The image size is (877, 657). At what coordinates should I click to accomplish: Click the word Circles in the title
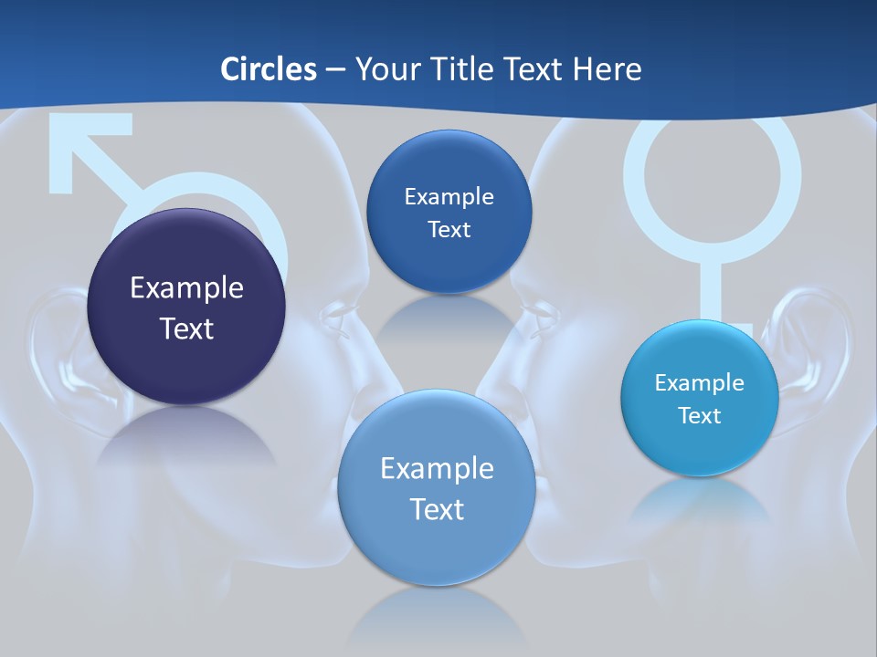pyautogui.click(x=268, y=68)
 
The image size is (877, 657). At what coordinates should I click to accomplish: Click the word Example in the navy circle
pyautogui.click(x=186, y=287)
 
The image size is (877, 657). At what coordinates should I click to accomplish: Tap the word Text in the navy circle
pyautogui.click(x=186, y=328)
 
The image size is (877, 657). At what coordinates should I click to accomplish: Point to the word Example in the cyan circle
pyautogui.click(x=700, y=382)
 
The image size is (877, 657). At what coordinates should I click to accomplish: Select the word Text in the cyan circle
pyautogui.click(x=700, y=415)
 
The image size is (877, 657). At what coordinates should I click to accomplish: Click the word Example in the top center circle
pyautogui.click(x=449, y=196)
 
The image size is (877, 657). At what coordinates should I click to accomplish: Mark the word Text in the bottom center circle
pyautogui.click(x=437, y=508)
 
